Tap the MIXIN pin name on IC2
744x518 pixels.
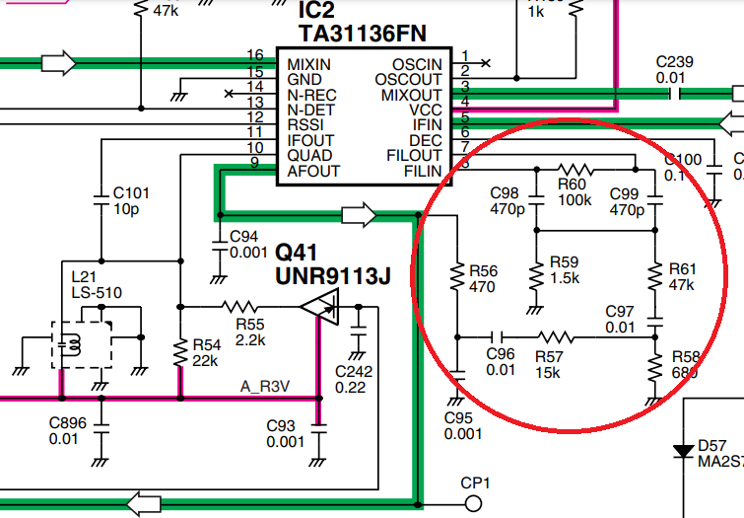tap(308, 65)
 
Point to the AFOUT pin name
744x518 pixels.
tap(313, 171)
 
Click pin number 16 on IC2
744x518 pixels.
tap(255, 56)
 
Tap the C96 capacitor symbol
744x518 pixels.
tap(500, 335)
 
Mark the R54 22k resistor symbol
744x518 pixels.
tap(180, 349)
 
